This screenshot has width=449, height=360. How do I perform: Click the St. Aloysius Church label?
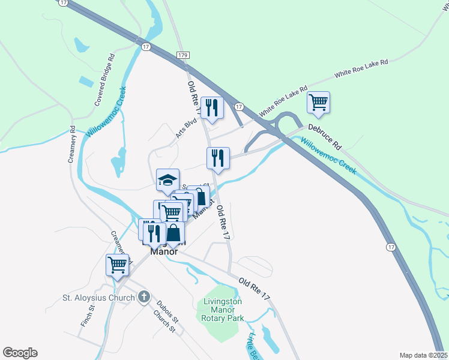click(99, 297)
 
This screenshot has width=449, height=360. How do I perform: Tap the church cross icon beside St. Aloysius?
click(143, 296)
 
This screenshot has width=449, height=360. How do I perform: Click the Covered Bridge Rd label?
click(104, 81)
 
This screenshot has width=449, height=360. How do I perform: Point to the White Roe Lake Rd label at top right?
click(361, 68)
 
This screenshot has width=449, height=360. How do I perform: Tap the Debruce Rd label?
click(325, 136)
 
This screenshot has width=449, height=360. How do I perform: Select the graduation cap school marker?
click(168, 179)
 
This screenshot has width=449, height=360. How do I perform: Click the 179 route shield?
click(184, 55)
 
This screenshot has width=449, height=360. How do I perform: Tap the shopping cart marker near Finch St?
click(118, 264)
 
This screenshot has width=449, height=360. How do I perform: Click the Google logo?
click(20, 353)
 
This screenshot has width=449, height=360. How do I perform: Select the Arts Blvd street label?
click(187, 128)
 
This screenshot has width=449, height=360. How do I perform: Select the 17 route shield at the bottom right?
click(391, 247)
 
